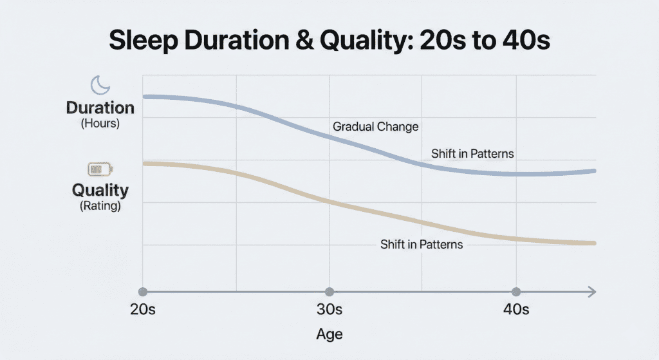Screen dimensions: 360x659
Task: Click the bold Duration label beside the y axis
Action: pos(100,108)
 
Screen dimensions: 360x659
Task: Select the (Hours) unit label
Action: pos(100,124)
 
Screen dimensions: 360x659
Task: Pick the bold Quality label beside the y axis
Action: pos(100,191)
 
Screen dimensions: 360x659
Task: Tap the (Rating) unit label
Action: pos(100,207)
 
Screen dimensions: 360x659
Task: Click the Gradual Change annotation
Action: pos(375,127)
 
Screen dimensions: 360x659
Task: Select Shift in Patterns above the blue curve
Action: pos(472,154)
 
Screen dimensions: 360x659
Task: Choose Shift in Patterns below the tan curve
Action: pos(422,245)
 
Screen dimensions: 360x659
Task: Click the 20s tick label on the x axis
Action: pos(143,310)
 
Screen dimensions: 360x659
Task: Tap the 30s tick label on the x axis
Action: pos(329,310)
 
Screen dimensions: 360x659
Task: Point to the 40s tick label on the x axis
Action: pos(515,310)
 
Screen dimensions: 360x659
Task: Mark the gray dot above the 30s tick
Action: pos(329,292)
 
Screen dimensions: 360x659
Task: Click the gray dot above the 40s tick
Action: pos(515,292)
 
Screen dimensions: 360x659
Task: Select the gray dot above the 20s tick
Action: pos(143,292)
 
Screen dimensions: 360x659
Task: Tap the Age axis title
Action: pos(329,334)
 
